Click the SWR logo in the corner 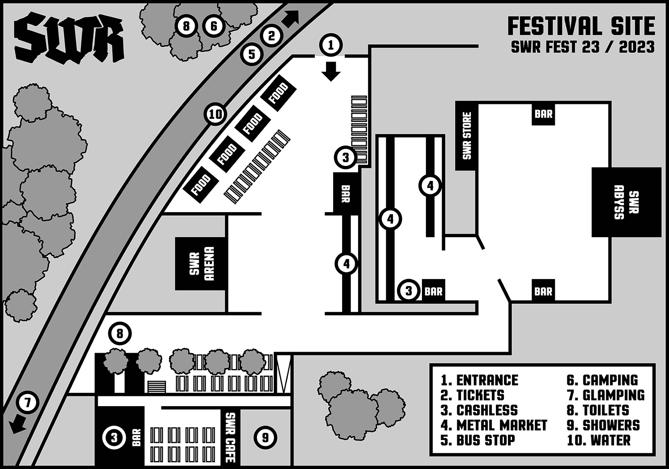point(69,37)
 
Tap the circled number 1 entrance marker point(331,45)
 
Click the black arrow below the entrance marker point(331,71)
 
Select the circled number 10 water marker point(215,115)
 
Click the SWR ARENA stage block point(201,263)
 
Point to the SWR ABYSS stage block point(626,202)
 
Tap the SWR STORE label point(467,136)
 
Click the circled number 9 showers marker point(265,437)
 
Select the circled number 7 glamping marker point(28,403)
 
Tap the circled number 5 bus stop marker point(252,54)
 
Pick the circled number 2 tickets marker point(272,36)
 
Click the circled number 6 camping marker point(214,26)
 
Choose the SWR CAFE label point(230,437)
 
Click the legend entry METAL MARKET point(494,425)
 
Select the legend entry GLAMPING point(605,395)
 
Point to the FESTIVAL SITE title point(581,26)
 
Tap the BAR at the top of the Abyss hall point(544,114)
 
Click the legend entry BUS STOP point(478,440)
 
